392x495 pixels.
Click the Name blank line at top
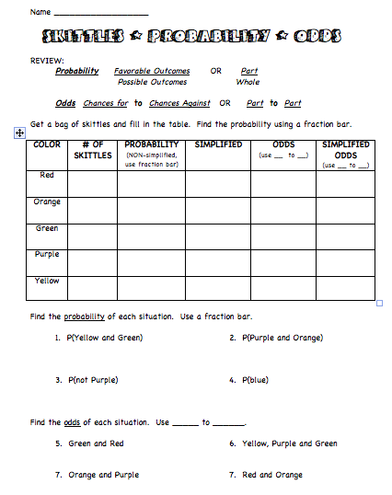(x=100, y=14)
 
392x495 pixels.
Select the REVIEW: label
(x=47, y=60)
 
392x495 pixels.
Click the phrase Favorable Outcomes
(x=152, y=71)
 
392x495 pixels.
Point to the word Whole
(x=248, y=82)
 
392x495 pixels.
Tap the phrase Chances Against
(x=179, y=103)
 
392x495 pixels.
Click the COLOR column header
(x=46, y=144)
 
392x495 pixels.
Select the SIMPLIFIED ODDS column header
(x=346, y=149)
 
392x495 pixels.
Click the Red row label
(x=47, y=174)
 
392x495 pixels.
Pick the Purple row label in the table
(x=47, y=254)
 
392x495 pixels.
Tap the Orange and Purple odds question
(x=103, y=475)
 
